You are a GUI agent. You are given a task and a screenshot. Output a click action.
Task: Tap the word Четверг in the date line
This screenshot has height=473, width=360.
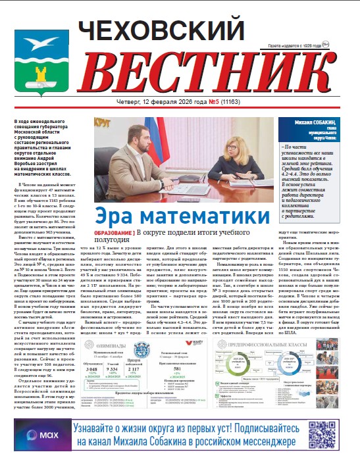(126, 103)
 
